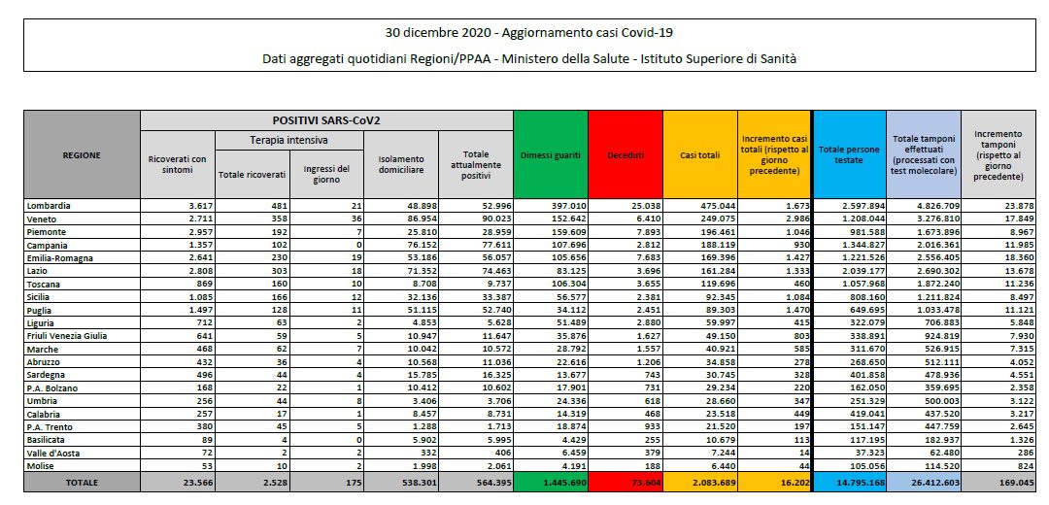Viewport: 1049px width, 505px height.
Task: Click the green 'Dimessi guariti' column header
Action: tap(551, 155)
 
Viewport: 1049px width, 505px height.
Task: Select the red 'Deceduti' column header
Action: tap(626, 155)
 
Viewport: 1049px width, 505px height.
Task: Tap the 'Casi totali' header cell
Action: tap(700, 155)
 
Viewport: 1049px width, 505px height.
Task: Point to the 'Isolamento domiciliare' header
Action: tap(401, 164)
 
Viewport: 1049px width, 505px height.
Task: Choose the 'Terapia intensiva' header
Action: tap(289, 141)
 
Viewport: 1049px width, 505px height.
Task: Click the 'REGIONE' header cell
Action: tap(83, 155)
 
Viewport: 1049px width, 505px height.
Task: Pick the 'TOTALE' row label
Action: tap(83, 483)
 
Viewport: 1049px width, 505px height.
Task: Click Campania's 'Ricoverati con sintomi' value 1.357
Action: tap(199, 245)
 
